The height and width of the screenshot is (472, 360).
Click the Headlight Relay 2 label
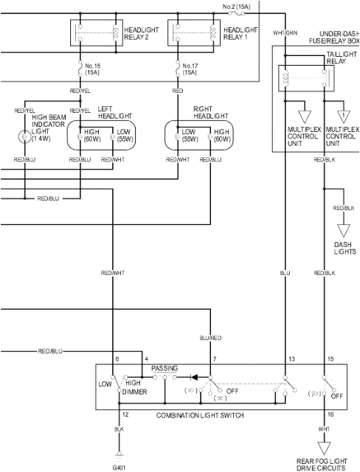tap(140, 34)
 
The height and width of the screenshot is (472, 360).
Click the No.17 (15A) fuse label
tap(190, 69)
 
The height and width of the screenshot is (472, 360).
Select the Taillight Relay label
tap(340, 58)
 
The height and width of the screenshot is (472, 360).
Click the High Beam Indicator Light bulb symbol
tap(24, 136)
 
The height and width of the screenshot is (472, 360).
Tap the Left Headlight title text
tap(114, 112)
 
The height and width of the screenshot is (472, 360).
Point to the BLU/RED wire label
tap(211, 338)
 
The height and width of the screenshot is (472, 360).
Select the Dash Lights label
tap(344, 248)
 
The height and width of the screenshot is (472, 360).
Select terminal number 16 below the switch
tap(330, 416)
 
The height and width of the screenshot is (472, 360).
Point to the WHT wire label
tap(323, 428)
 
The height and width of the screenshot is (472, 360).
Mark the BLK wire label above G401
tap(119, 428)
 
